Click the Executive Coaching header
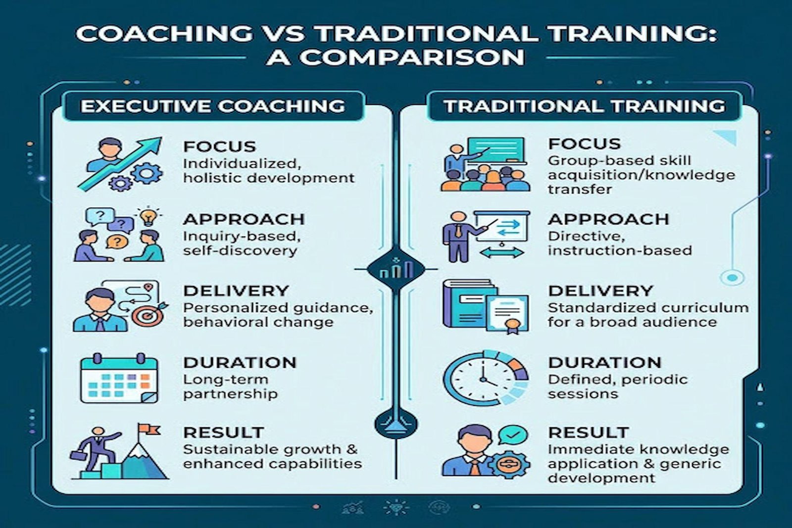click(212, 106)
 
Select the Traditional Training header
click(585, 106)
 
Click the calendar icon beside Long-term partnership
click(119, 378)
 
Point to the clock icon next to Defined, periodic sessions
click(486, 378)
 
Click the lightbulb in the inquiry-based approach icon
click(148, 217)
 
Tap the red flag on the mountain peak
click(148, 430)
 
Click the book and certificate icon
click(486, 306)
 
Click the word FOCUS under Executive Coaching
click(220, 146)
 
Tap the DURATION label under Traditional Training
click(604, 363)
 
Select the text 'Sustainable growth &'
click(270, 449)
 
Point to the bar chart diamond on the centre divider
click(396, 269)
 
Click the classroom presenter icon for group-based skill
click(486, 164)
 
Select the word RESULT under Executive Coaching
click(223, 432)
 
